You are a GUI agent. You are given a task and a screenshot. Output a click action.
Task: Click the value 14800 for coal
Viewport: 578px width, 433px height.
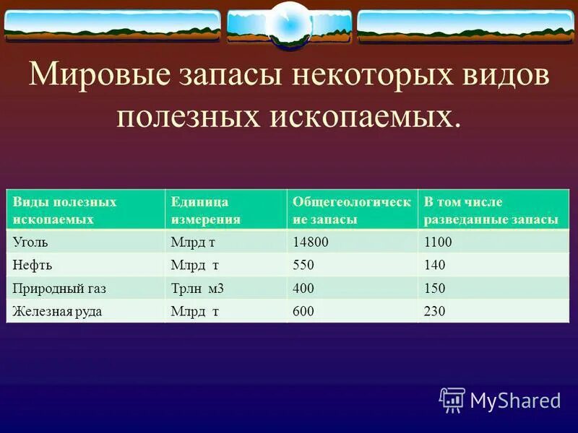pos(310,242)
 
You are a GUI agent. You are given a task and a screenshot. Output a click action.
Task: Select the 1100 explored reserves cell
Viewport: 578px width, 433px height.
pos(438,242)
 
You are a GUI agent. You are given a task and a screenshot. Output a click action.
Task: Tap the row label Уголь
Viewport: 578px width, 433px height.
pos(30,242)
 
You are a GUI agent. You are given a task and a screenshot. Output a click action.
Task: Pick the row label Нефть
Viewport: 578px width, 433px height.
pos(32,265)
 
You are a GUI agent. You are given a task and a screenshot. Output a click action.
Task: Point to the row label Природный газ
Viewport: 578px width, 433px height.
pos(59,288)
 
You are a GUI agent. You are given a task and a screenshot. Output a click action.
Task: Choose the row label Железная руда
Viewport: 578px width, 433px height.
pos(57,311)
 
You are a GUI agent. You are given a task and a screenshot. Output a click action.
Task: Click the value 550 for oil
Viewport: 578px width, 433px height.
pos(303,265)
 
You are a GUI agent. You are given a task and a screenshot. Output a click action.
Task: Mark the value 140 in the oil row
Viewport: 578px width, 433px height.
pos(435,265)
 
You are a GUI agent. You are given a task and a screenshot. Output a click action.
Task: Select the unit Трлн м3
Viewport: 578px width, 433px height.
pos(197,288)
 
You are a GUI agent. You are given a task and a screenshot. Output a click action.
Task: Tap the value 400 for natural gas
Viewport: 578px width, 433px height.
pos(303,288)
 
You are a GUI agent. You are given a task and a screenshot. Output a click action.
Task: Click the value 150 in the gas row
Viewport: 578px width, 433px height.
pos(435,288)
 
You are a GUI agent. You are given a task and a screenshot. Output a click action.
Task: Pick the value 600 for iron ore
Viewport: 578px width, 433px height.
pos(303,311)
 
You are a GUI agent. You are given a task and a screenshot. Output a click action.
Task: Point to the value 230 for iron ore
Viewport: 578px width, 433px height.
pos(435,311)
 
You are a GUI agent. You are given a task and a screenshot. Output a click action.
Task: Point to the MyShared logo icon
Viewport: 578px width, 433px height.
pos(452,399)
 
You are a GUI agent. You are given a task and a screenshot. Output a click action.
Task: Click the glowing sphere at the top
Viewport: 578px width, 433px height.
pos(288,25)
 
